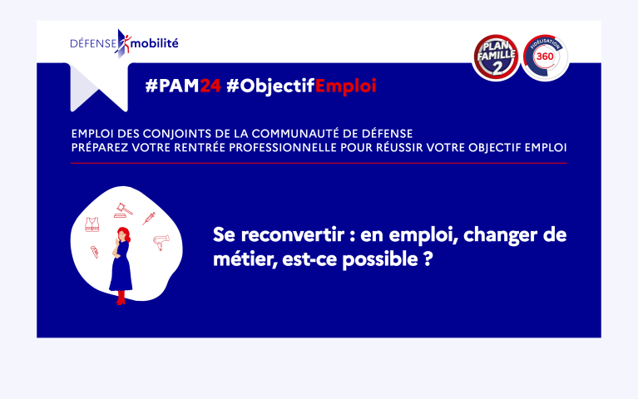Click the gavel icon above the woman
coord(123,210)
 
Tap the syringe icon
coord(149,219)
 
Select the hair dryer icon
coord(161,242)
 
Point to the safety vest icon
coord(92,224)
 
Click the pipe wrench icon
coord(94,252)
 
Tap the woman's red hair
coord(124,234)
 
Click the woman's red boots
coord(121,298)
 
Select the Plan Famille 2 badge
coord(496,57)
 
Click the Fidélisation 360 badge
coord(545,57)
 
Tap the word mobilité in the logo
coord(155,43)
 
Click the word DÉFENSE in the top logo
coord(93,43)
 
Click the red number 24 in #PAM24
coord(210,86)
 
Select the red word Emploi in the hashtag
coord(345,86)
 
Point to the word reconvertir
coord(293,235)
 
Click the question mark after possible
coord(428,259)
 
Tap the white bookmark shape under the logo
coord(99,87)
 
